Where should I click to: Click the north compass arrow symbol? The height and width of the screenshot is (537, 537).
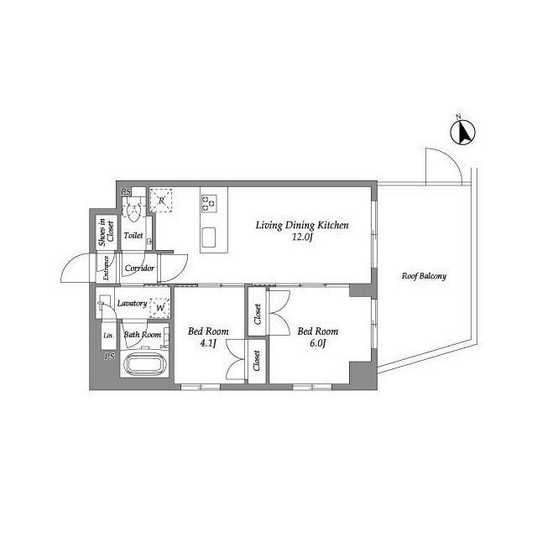[462, 133]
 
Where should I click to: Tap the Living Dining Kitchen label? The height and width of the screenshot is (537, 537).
[302, 226]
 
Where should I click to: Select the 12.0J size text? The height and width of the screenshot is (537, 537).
[303, 237]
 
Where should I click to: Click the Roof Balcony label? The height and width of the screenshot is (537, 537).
[424, 276]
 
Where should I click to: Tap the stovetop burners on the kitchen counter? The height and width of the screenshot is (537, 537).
[209, 203]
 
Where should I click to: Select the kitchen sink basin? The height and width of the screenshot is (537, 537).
[209, 237]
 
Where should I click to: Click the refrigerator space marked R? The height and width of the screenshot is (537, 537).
[161, 200]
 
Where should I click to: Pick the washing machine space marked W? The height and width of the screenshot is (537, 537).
[160, 308]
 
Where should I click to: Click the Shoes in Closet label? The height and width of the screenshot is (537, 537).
[107, 232]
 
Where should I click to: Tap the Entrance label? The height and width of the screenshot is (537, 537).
[106, 268]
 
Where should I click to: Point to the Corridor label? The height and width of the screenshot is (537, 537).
[139, 268]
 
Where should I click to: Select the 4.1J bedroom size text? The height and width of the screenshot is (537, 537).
[208, 343]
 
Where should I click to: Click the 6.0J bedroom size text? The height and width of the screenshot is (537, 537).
[317, 343]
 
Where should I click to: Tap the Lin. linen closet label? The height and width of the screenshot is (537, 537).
[108, 336]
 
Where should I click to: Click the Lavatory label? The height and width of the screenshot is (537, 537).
[132, 304]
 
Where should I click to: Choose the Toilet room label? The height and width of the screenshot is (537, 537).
[133, 235]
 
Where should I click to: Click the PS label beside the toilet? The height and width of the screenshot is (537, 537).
[126, 192]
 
